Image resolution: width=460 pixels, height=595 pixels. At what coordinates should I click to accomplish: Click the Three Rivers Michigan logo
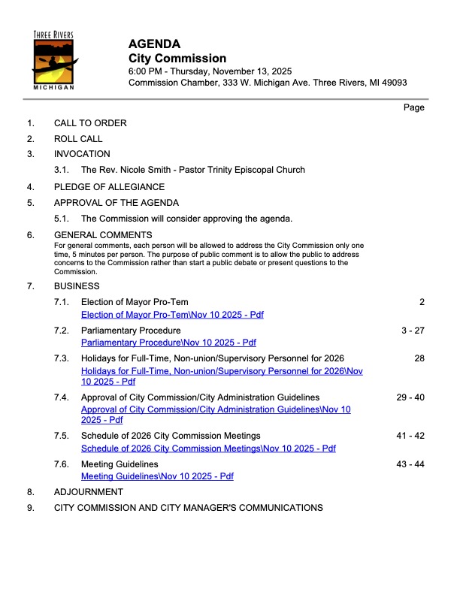54,61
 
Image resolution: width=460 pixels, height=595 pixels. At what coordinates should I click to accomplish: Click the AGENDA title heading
154,44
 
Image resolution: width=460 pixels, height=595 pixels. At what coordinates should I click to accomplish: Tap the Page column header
414,107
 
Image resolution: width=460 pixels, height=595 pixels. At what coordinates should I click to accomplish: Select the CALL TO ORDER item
90,123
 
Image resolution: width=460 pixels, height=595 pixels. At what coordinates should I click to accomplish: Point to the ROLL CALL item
78,139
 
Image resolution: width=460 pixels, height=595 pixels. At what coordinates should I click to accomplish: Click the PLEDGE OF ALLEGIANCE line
109,187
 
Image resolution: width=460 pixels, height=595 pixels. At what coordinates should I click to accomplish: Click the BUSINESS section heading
77,286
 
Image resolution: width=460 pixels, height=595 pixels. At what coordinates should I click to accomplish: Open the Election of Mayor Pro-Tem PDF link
172,314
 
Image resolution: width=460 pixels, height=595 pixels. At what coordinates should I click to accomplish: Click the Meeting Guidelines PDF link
157,476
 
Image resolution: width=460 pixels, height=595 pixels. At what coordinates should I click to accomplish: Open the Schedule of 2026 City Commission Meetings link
208,449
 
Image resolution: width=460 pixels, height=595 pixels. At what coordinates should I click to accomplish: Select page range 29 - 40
410,397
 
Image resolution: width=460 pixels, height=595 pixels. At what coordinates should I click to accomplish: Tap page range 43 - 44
410,464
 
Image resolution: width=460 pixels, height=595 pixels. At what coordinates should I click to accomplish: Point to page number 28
419,358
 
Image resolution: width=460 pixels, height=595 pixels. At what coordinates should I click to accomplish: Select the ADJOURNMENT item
88,492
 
